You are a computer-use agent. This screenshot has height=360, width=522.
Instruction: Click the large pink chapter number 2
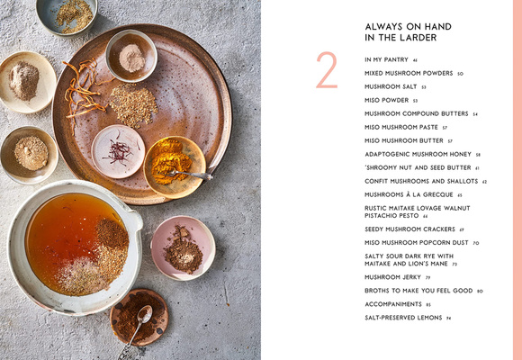click(x=327, y=71)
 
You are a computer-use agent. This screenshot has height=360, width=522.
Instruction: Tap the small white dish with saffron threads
click(x=119, y=150)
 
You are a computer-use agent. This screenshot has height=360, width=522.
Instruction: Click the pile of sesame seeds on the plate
click(x=133, y=105)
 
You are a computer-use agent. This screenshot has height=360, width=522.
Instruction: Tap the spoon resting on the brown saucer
click(x=139, y=322)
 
